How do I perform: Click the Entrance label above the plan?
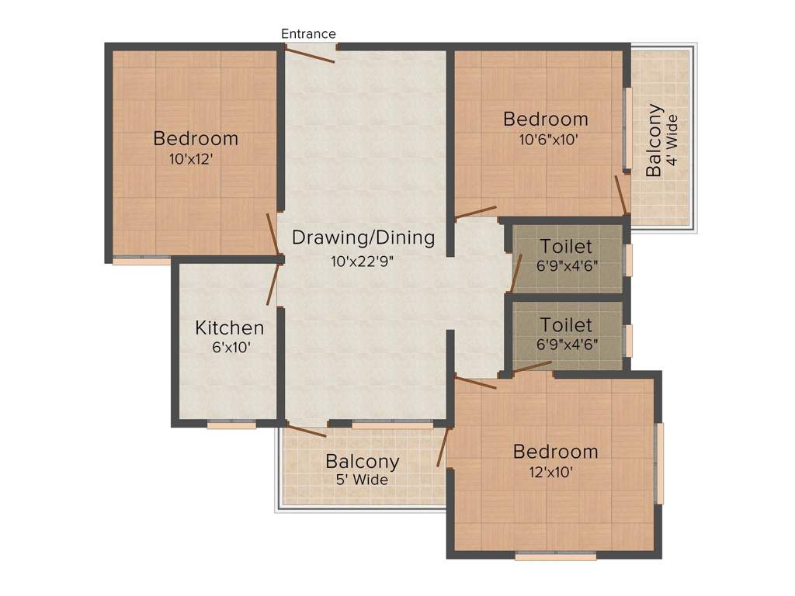click(308, 34)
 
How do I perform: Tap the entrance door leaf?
click(309, 54)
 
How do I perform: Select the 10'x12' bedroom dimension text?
click(191, 159)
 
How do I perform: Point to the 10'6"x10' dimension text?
click(549, 140)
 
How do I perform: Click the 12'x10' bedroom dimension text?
click(551, 473)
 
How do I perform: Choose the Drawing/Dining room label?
click(363, 237)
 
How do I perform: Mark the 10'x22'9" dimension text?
click(363, 262)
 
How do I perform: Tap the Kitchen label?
click(230, 328)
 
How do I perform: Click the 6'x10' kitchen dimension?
click(231, 348)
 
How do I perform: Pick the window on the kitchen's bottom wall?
click(231, 424)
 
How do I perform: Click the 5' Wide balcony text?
click(362, 480)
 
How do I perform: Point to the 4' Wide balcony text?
click(672, 140)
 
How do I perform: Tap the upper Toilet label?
click(566, 246)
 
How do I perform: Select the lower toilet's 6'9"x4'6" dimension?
click(568, 345)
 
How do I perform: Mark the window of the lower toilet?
click(628, 341)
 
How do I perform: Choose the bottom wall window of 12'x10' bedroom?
click(556, 556)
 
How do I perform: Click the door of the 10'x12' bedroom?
click(273, 234)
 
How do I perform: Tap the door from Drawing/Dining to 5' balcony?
click(306, 429)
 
